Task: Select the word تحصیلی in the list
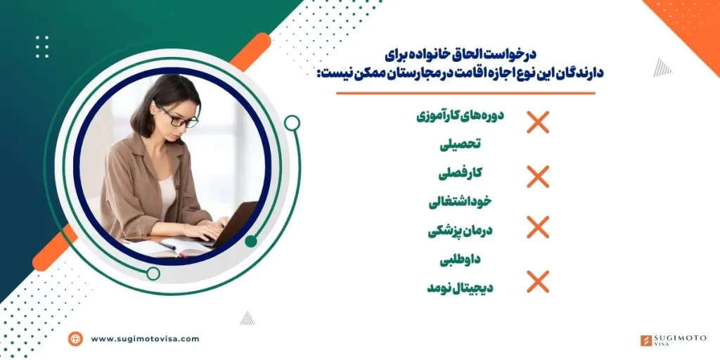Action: point(461,145)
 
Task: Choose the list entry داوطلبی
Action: point(461,259)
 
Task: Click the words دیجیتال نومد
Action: point(461,287)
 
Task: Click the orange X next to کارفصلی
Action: point(538,176)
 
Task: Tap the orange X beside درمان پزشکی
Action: point(538,228)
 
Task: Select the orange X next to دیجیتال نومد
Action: point(538,281)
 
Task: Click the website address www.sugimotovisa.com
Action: point(145,339)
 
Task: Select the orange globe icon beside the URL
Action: point(75,339)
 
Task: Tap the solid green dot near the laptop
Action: point(251,241)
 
